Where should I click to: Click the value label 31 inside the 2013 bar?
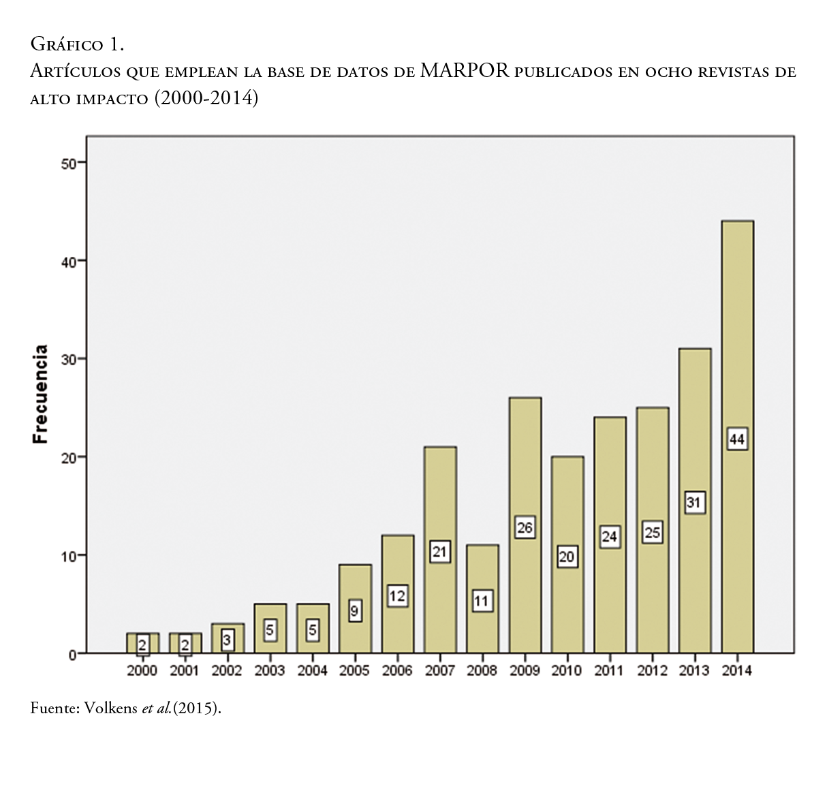(694, 503)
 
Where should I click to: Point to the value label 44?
(737, 439)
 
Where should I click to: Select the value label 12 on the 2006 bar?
(397, 596)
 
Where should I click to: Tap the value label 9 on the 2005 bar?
(354, 611)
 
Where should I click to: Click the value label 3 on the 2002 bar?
(227, 640)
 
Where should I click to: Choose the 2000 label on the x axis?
(142, 671)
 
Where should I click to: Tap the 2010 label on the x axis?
(567, 671)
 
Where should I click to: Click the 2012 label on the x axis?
(652, 671)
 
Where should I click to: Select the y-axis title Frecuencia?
(41, 394)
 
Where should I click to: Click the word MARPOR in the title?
(465, 70)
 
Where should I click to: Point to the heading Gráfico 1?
(77, 45)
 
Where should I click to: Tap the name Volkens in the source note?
(111, 708)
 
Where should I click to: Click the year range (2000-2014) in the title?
(206, 98)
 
